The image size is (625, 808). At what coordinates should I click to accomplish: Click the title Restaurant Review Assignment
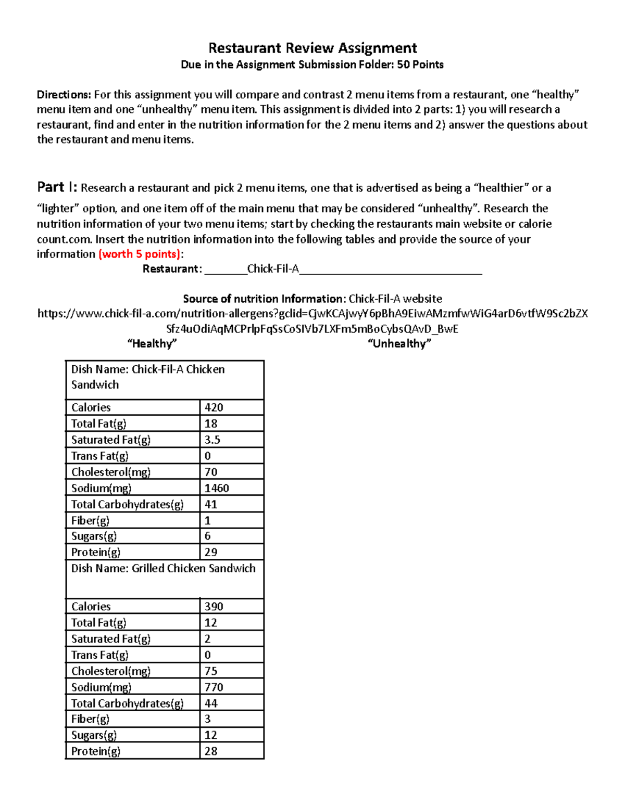point(312,48)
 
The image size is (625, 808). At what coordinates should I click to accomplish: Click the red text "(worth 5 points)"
point(139,254)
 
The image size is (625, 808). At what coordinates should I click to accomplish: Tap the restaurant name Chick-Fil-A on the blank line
point(273,268)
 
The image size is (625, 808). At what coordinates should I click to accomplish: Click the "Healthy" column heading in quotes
point(152,343)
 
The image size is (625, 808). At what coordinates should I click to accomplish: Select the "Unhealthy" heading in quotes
point(399,343)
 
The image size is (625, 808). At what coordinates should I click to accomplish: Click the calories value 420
point(214,407)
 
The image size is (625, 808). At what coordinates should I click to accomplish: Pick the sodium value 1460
point(217,488)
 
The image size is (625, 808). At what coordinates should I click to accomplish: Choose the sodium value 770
point(214,687)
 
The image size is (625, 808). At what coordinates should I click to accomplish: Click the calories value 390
point(214,607)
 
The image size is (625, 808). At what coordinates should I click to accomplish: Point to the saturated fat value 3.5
point(213,440)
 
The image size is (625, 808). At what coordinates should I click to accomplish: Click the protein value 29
point(211,552)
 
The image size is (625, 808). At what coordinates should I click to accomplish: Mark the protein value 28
point(211,751)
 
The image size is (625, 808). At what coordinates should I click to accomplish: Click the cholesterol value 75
point(211,671)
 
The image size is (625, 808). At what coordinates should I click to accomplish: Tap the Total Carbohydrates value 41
point(211,504)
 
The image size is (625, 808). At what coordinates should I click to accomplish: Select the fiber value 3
point(208,719)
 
